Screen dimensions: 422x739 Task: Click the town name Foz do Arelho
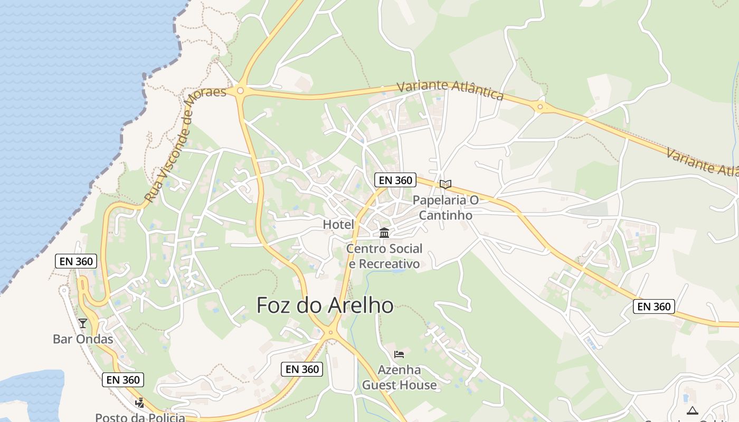(x=325, y=305)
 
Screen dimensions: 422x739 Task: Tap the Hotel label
(x=338, y=225)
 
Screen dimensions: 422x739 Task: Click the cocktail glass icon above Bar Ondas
(x=83, y=323)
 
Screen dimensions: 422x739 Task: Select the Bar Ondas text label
(x=83, y=339)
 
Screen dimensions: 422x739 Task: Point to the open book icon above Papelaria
(x=446, y=184)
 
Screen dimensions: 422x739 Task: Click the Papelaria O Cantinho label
(x=446, y=207)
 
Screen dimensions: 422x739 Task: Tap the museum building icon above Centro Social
(x=384, y=233)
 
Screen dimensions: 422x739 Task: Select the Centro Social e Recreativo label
(x=384, y=256)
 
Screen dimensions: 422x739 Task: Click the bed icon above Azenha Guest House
(x=399, y=354)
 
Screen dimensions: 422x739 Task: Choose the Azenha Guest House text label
(x=399, y=377)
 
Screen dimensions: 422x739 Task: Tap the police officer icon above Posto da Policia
(x=139, y=403)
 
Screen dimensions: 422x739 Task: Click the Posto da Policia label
(x=140, y=417)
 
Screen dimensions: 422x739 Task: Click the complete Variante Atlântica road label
(x=450, y=90)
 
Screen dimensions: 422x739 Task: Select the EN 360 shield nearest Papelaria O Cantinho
(x=395, y=180)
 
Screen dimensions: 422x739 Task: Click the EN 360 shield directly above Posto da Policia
(x=123, y=380)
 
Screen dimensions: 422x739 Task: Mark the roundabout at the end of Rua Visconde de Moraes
(x=241, y=91)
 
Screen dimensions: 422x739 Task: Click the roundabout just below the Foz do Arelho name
(x=330, y=332)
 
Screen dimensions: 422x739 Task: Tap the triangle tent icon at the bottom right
(x=692, y=410)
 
